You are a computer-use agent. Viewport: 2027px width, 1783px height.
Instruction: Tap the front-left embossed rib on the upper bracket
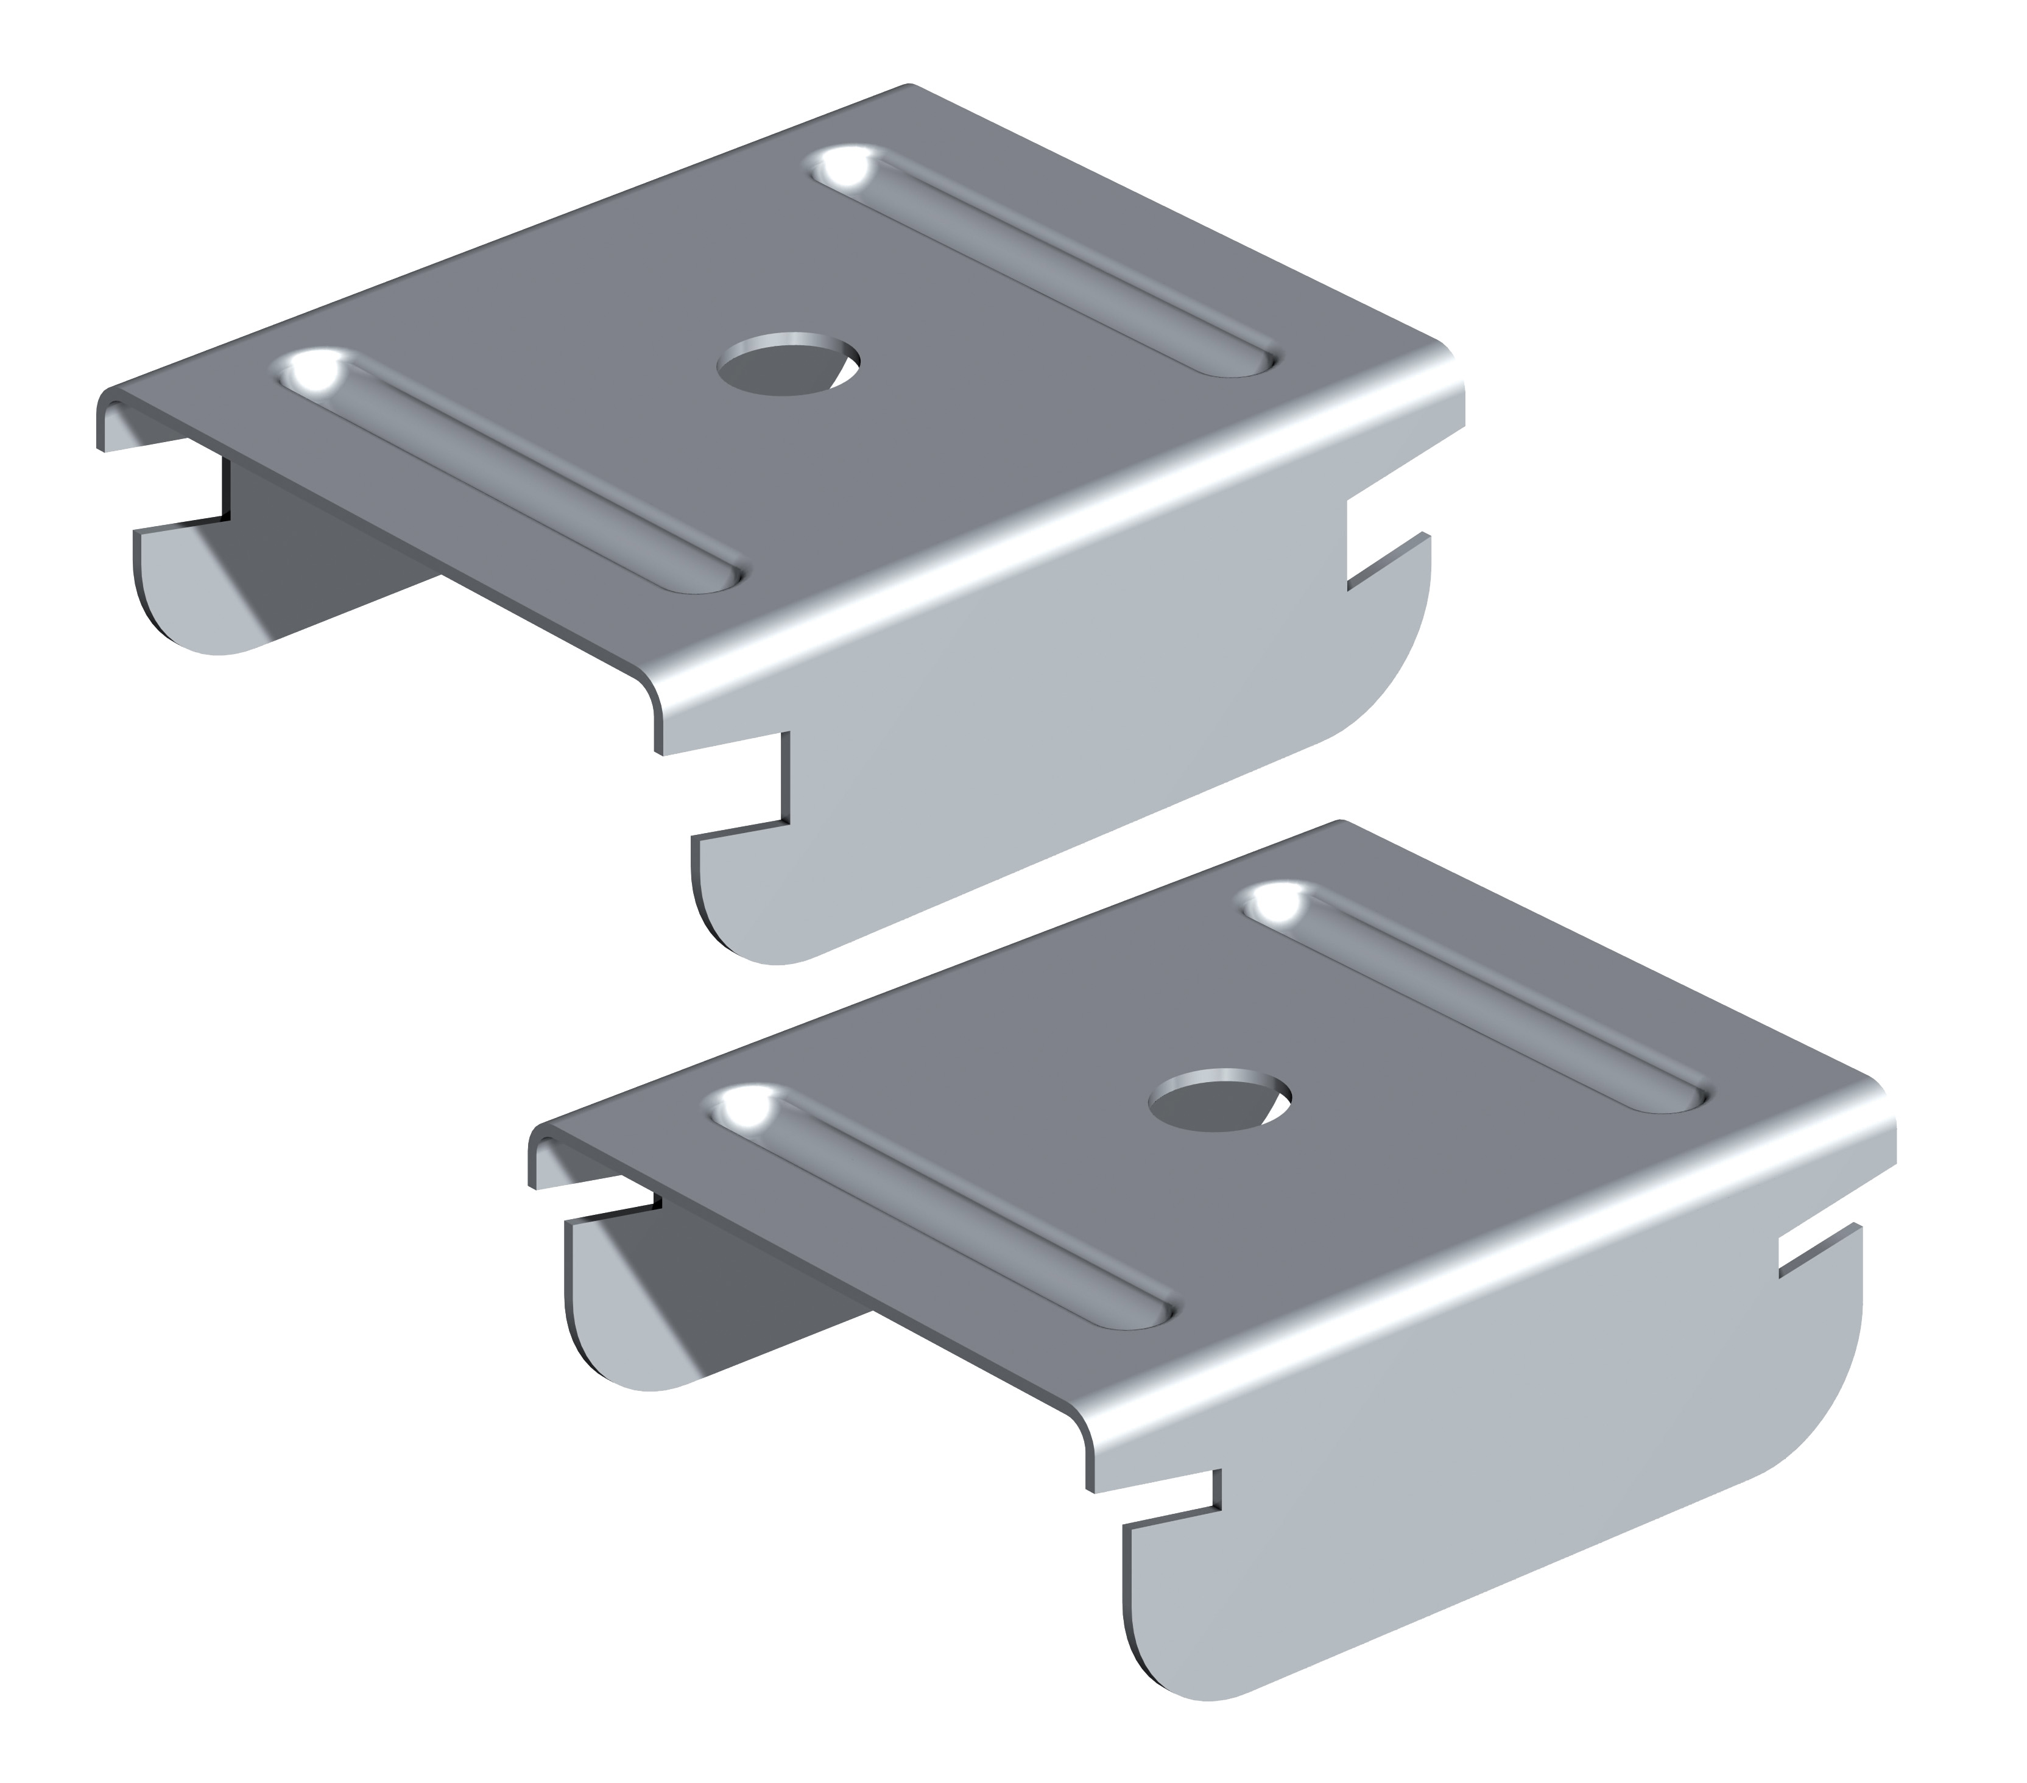511,472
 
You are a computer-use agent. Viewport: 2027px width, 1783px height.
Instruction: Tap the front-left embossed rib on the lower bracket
942,1205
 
